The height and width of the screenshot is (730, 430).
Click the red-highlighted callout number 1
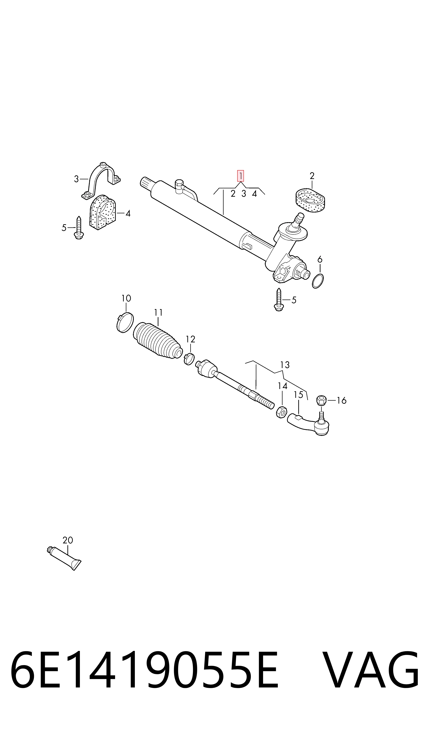coord(241,176)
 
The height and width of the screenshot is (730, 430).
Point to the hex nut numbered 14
coord(281,412)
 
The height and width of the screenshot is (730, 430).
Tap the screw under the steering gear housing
coord(279,300)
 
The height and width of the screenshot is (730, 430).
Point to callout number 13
coord(285,365)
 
